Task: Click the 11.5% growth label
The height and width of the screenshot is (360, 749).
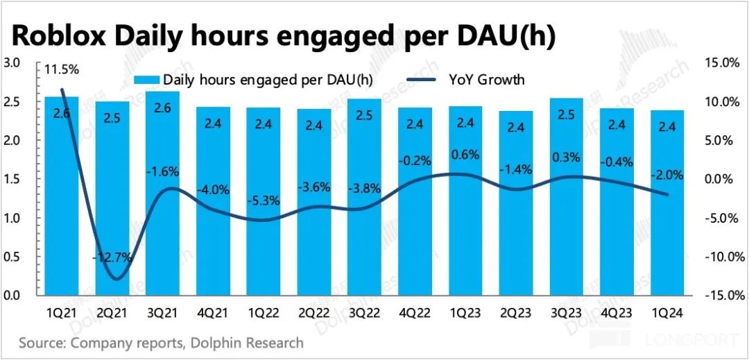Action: [x=62, y=69]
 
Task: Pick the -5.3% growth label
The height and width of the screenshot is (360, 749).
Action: [x=264, y=202]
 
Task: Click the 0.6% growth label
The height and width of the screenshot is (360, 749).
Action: [x=465, y=155]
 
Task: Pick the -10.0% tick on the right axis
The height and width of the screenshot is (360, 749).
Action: [x=720, y=257]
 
